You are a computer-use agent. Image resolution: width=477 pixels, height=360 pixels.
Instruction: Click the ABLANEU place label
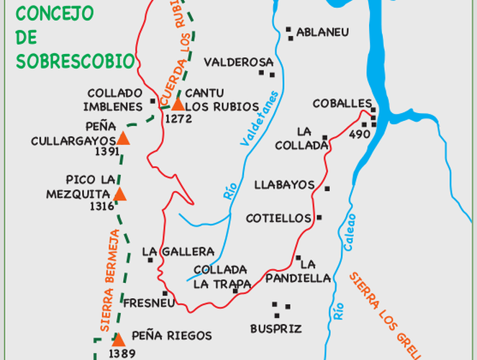point(322,32)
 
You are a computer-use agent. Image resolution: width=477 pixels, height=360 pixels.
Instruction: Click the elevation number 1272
point(178,119)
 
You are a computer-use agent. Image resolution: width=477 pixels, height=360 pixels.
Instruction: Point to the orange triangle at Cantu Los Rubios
point(178,104)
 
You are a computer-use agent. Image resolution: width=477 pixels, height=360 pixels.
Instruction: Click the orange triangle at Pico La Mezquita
point(119,194)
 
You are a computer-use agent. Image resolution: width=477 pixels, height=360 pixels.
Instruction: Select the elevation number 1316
point(103,206)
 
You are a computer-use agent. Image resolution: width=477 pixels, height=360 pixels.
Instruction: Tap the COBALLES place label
point(342,104)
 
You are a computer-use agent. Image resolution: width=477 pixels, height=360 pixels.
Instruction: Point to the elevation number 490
point(360,135)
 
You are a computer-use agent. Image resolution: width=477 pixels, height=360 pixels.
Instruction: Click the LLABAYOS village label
point(284,185)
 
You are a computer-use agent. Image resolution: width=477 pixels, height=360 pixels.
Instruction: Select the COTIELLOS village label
point(278,218)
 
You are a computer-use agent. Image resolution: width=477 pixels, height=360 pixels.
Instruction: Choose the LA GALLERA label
point(178,251)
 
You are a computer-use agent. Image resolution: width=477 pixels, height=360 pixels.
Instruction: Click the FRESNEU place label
point(149,303)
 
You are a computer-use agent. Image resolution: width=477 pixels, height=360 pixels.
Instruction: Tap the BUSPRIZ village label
point(276,328)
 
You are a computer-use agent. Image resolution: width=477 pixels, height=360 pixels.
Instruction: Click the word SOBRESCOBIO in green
point(76,60)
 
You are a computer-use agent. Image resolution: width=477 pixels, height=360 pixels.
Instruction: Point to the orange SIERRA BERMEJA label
point(109,281)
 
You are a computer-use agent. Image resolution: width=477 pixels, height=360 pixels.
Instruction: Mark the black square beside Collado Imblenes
point(153,101)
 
